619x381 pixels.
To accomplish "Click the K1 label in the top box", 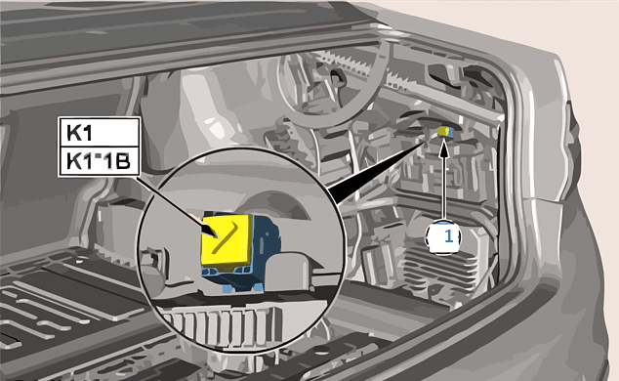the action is pyautogui.click(x=79, y=132).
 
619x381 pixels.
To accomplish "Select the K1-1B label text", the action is pyautogui.click(x=99, y=161).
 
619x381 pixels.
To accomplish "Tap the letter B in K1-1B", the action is pyautogui.click(x=123, y=161).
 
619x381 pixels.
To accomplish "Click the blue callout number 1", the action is pyautogui.click(x=448, y=236).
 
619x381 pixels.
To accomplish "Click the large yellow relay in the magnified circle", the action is pyautogui.click(x=227, y=241).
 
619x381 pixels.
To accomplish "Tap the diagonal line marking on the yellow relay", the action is pyautogui.click(x=225, y=237).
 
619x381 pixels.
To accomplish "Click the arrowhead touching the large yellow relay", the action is pyautogui.click(x=210, y=231).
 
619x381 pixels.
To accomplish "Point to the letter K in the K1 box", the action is pyautogui.click(x=73, y=132).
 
